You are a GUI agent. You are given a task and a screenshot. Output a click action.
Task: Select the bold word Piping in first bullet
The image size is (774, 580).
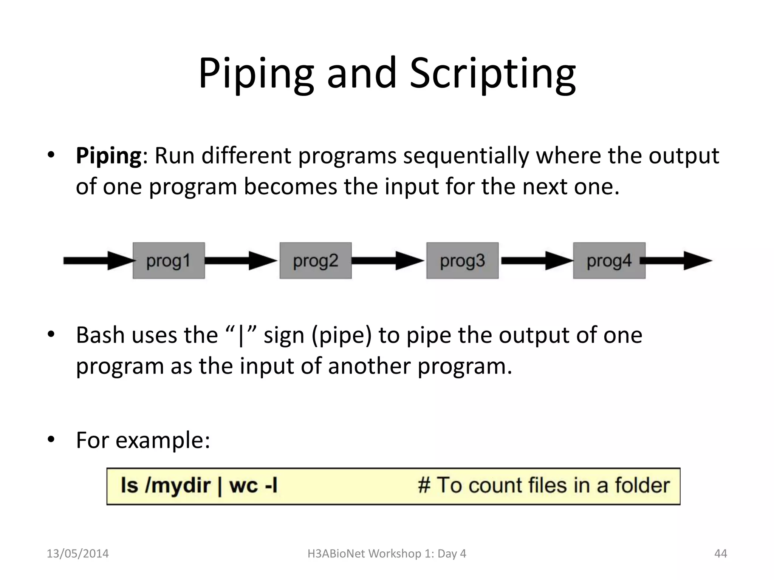[108, 156]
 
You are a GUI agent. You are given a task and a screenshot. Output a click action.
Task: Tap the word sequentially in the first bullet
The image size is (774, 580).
[466, 156]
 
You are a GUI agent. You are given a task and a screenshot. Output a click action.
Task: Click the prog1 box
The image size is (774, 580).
[169, 261]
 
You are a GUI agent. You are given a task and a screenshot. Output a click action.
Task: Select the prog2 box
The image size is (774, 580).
[316, 261]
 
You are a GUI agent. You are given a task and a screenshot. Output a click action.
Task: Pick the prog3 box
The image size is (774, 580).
[462, 261]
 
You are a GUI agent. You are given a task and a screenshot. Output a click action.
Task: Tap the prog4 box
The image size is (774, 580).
[609, 261]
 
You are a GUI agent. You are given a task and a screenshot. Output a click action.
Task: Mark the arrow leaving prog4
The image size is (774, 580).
[676, 261]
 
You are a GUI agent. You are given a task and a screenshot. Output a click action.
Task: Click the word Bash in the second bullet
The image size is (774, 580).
[100, 335]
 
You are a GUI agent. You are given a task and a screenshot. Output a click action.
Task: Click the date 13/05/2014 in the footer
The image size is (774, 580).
[77, 554]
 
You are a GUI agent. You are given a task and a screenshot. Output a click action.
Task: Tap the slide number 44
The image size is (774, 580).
[720, 554]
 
